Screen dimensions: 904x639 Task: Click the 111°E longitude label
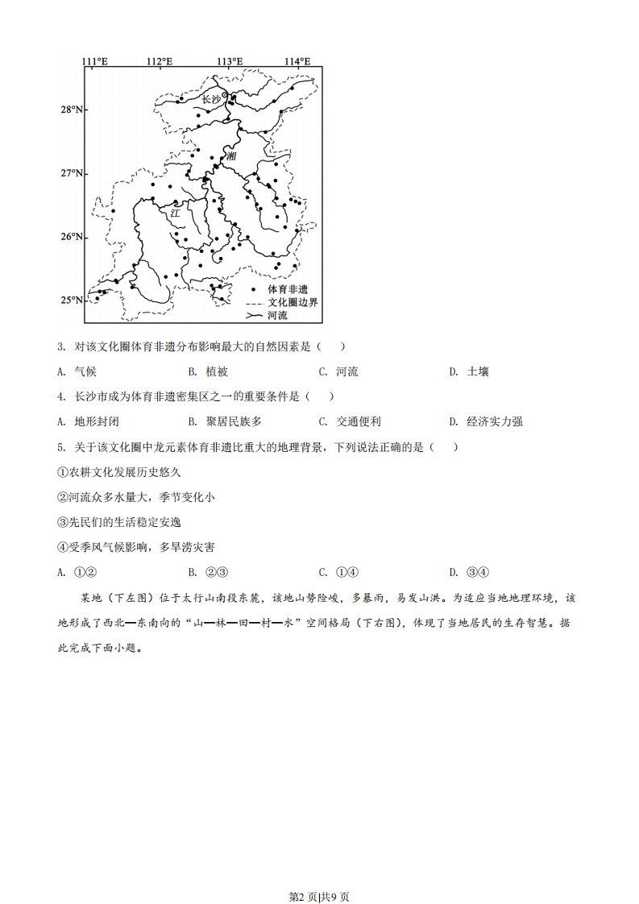(95, 61)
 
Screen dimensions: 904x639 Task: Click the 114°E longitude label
(298, 61)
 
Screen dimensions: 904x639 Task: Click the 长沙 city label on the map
(210, 99)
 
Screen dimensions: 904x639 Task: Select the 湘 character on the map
(232, 156)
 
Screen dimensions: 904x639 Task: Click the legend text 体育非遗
(288, 288)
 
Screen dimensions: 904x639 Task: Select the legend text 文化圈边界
(293, 301)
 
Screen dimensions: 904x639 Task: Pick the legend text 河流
(277, 315)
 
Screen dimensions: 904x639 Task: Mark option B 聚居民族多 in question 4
(234, 421)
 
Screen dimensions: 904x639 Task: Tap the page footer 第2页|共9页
(319, 874)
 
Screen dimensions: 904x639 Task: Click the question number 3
(61, 346)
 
